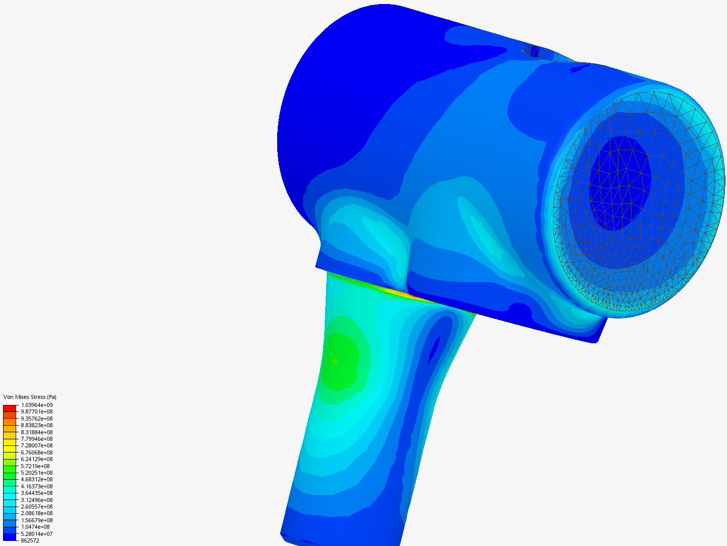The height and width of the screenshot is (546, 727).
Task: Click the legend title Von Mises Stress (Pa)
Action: pyautogui.click(x=30, y=397)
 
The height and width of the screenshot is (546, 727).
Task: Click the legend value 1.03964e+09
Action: pyautogui.click(x=36, y=405)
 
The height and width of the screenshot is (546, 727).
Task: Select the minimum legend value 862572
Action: pyautogui.click(x=30, y=540)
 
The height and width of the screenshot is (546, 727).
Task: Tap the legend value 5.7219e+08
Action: pyautogui.click(x=35, y=466)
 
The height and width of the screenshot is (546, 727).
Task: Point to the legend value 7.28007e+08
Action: pyautogui.click(x=36, y=445)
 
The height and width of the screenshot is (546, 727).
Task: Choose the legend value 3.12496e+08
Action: pyautogui.click(x=36, y=500)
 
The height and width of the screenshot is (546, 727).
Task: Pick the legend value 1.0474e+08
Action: pyautogui.click(x=35, y=527)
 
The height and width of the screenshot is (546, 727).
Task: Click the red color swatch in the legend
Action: pyautogui.click(x=10, y=408)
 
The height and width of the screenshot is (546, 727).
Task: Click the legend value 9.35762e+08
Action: pyautogui.click(x=36, y=419)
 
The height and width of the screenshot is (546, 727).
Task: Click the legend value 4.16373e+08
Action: pyautogui.click(x=36, y=486)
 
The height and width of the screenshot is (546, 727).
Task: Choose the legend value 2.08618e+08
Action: pyautogui.click(x=36, y=513)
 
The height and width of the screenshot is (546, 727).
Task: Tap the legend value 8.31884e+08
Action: pyautogui.click(x=36, y=432)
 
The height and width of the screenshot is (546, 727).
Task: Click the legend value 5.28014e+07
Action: pyautogui.click(x=36, y=534)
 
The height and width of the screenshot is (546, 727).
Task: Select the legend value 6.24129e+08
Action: pyautogui.click(x=36, y=459)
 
